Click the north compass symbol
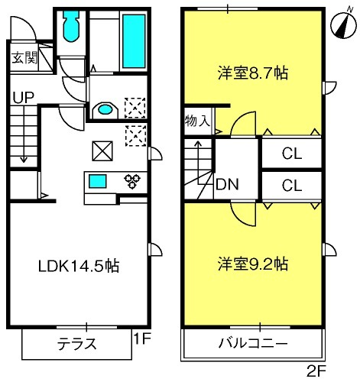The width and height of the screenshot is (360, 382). coord(343,25)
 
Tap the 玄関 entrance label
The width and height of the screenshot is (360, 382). coord(25,58)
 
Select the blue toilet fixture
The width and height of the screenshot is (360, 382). coord(72,25)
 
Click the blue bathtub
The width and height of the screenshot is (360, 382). coord(134,41)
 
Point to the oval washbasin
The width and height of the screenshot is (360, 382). coord(105,110)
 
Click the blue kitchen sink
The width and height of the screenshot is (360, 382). coord(98,181)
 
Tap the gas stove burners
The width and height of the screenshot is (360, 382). coord(132,182)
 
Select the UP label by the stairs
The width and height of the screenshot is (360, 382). coord(24,97)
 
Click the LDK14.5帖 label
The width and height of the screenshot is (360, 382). coord(79,266)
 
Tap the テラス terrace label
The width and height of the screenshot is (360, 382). coord(77,344)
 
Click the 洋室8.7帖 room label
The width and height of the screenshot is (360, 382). coord(253,73)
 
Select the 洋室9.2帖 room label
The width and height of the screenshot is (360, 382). coord(253,264)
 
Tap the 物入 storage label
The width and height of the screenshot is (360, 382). coord(198,121)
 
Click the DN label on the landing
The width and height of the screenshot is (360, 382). coord(227,184)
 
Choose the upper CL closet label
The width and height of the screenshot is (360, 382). coord(292,154)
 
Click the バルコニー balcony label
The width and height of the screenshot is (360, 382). coord(253,344)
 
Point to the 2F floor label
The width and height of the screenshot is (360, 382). coord(316,372)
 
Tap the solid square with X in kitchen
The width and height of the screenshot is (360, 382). coord(102,151)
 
